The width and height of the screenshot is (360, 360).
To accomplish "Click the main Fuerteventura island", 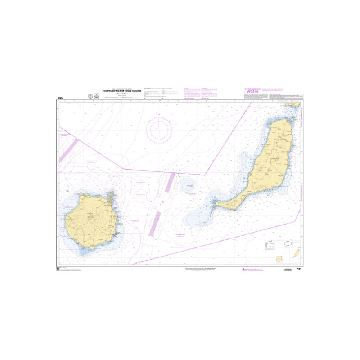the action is (x=268, y=162).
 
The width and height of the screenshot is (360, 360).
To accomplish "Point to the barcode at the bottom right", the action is (x=288, y=270).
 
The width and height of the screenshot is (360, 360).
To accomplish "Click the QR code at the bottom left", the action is (x=58, y=269).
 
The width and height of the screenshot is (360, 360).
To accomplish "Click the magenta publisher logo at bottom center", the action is (x=245, y=270).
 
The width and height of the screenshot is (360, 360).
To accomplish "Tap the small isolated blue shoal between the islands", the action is (x=188, y=184).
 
